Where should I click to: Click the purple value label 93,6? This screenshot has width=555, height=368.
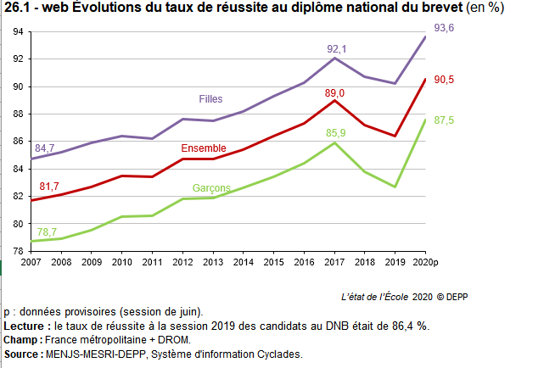pyautogui.click(x=445, y=29)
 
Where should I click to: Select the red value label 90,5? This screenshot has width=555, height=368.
pyautogui.click(x=445, y=80)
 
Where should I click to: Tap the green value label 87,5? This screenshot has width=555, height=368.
pyautogui.click(x=445, y=121)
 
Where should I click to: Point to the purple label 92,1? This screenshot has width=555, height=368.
pyautogui.click(x=337, y=49)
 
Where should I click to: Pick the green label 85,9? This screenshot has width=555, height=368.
pyautogui.click(x=337, y=133)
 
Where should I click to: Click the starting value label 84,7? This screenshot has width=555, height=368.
pyautogui.click(x=45, y=148)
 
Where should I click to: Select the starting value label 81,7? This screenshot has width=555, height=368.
pyautogui.click(x=49, y=187)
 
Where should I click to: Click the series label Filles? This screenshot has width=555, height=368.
pyautogui.click(x=210, y=99)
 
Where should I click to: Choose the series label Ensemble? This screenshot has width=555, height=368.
pyautogui.click(x=203, y=149)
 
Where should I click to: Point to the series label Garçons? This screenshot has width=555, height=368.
pyautogui.click(x=210, y=187)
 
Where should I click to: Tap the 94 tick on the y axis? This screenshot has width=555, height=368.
pyautogui.click(x=18, y=32)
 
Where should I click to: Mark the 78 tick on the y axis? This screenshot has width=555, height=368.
pyautogui.click(x=18, y=251)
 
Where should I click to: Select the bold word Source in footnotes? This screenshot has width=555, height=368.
pyautogui.click(x=23, y=354)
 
